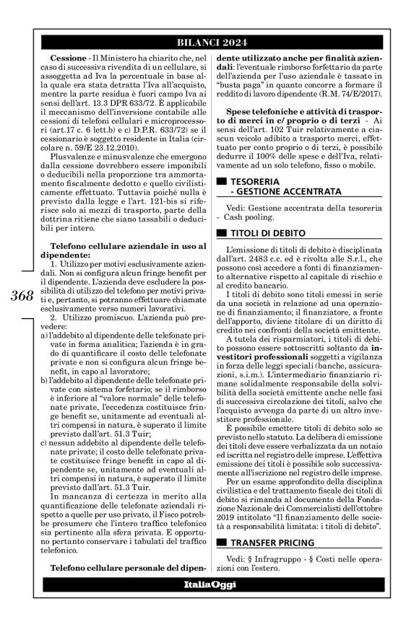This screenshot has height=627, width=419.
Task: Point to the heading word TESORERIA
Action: [x=259, y=181]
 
